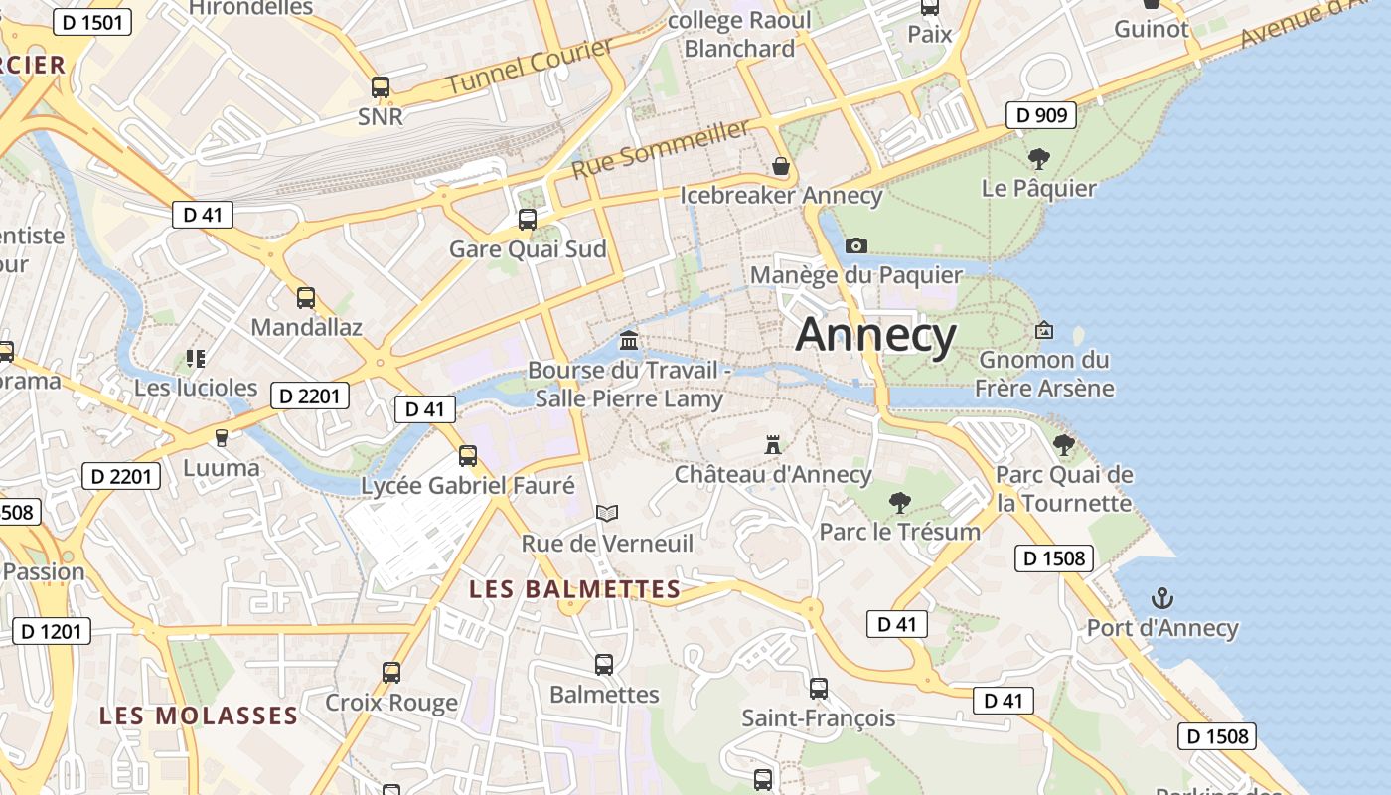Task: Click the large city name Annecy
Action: (875, 335)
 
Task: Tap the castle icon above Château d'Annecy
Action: (773, 444)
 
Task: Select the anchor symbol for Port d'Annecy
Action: (1161, 598)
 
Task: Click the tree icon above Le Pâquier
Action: (1039, 158)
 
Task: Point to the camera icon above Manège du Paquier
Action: (855, 245)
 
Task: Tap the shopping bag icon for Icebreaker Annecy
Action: (781, 166)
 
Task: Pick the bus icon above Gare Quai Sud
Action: (528, 220)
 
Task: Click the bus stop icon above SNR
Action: (381, 87)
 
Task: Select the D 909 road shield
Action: (1041, 115)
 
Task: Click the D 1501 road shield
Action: (92, 22)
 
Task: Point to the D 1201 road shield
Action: (52, 630)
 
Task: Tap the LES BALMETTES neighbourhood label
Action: (574, 589)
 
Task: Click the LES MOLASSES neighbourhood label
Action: (199, 715)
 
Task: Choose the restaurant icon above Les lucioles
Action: (196, 358)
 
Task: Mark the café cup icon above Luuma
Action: (222, 438)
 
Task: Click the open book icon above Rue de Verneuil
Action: (607, 513)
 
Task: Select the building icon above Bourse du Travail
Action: (629, 341)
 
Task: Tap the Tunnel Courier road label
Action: (530, 67)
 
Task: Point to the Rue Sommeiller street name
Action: (661, 150)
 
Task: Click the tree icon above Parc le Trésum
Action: (900, 502)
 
